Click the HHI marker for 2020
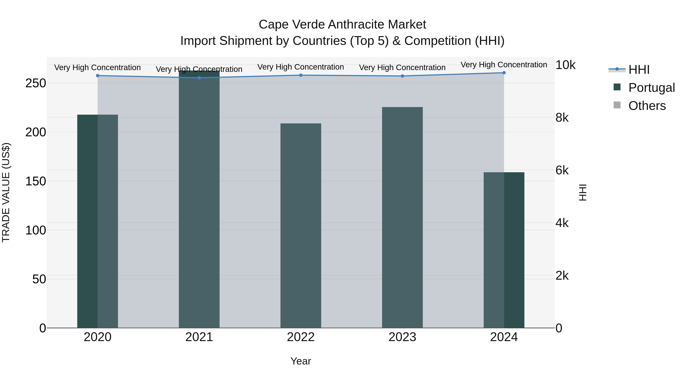point(98,76)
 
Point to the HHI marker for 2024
point(504,73)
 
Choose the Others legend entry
point(647,106)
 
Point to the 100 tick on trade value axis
point(36,230)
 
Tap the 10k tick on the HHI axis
point(565,65)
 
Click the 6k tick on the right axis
point(562,170)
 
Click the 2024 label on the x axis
point(504,337)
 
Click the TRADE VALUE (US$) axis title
point(6,192)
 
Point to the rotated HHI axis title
point(583,192)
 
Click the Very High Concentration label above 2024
point(504,65)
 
